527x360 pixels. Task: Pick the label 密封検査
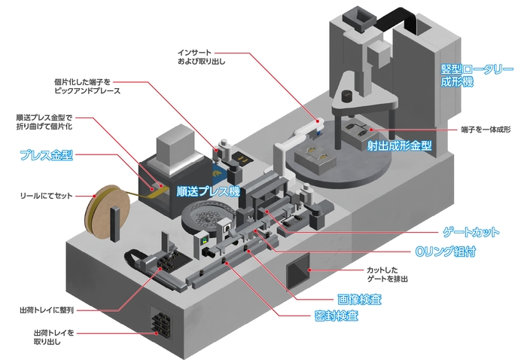tap(335, 316)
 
